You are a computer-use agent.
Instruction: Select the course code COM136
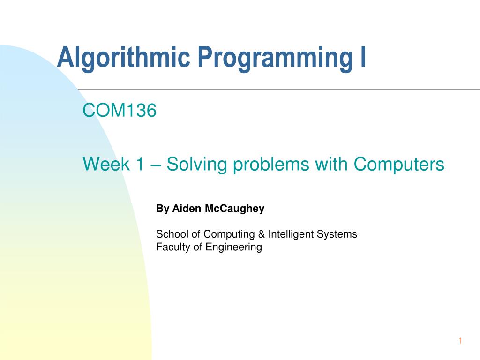point(120,110)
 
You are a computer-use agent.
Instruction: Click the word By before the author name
point(163,209)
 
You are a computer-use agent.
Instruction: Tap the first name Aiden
point(187,208)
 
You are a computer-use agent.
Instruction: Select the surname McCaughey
point(234,209)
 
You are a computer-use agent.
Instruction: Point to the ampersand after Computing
point(262,234)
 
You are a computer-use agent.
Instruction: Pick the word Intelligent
point(291,234)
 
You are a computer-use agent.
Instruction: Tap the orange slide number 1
point(460,340)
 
